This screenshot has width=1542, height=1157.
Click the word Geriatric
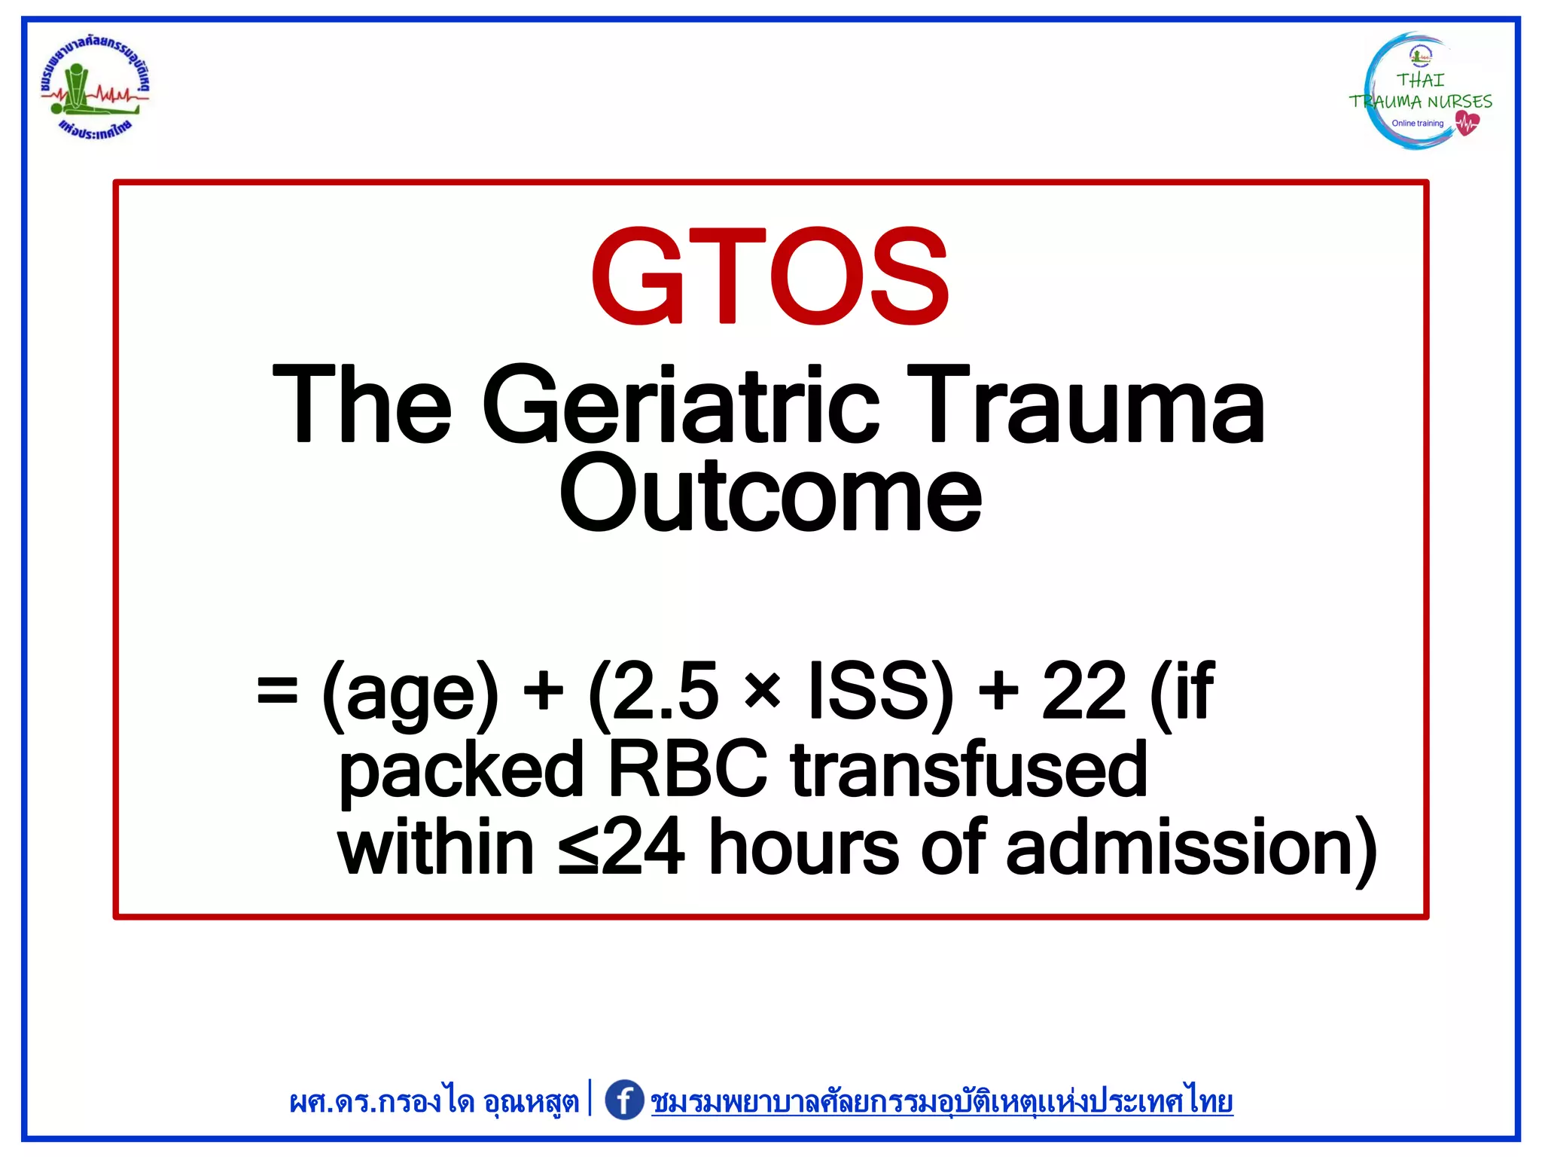point(680,404)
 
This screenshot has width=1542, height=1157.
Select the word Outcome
point(770,494)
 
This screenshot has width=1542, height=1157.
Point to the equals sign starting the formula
point(277,691)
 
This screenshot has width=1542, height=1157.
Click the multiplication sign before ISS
point(763,691)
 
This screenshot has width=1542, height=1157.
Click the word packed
point(461,770)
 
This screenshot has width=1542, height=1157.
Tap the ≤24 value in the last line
point(622,848)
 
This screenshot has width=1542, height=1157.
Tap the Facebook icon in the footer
point(624,1101)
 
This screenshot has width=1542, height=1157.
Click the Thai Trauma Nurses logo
point(1420,92)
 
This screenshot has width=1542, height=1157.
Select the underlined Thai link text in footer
point(941,1102)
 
